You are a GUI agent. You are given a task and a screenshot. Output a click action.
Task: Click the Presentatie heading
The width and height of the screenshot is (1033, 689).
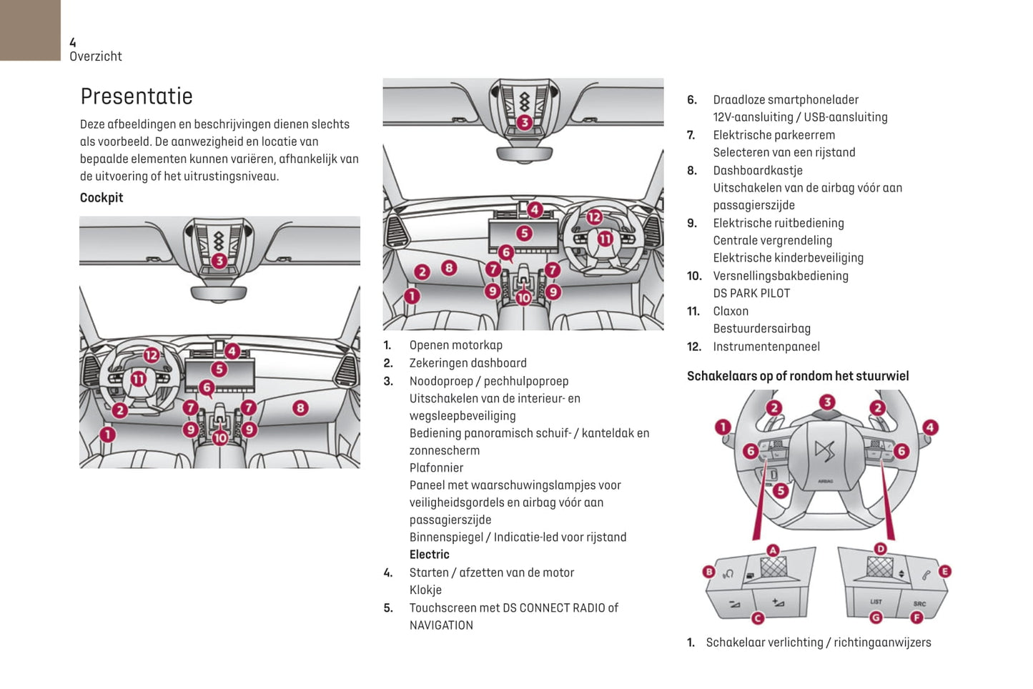137,96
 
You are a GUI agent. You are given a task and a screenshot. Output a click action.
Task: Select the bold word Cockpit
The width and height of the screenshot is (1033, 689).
102,198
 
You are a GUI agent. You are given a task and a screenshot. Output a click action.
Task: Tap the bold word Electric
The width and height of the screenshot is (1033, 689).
429,555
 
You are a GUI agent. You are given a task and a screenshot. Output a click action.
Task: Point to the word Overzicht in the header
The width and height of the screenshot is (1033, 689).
96,56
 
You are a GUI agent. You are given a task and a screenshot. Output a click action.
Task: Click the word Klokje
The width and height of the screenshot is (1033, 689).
425,590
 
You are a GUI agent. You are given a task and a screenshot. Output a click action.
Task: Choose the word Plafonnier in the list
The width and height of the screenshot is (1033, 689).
436,467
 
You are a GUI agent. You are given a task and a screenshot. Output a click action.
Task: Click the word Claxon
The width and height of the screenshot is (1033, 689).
731,311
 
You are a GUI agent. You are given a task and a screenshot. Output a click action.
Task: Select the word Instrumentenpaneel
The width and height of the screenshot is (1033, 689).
766,347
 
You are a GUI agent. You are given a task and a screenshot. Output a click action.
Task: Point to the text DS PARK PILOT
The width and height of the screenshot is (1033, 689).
751,293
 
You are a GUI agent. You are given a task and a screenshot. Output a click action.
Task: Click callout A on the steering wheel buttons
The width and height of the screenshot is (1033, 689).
773,550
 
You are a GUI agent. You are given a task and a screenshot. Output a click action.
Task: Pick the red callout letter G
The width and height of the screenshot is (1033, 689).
876,618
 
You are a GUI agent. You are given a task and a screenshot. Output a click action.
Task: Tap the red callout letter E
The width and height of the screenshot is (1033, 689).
944,571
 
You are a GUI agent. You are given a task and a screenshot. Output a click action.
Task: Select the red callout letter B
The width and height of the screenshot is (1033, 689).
709,571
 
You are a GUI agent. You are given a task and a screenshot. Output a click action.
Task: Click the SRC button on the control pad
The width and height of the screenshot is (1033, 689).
919,603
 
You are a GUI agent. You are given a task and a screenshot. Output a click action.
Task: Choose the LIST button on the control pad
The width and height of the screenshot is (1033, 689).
876,602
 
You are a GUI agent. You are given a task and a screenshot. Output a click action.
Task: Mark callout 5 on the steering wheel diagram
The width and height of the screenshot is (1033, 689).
781,490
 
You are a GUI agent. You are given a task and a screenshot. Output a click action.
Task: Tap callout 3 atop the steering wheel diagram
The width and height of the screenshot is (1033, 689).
826,402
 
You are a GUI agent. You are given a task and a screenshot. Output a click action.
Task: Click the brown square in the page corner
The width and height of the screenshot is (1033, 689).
30,30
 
